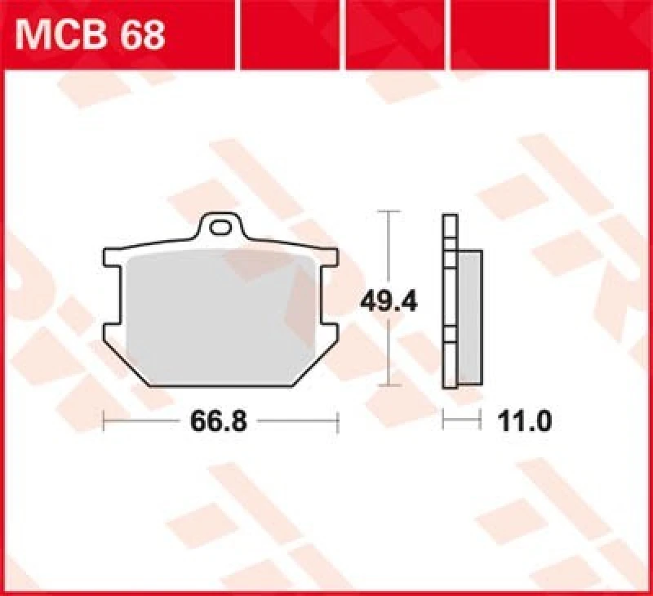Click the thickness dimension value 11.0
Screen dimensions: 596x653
pyautogui.click(x=523, y=421)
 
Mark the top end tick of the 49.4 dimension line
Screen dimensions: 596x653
pyautogui.click(x=391, y=212)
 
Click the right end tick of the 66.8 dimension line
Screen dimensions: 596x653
pyautogui.click(x=337, y=421)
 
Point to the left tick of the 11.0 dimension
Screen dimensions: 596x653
pyautogui.click(x=443, y=421)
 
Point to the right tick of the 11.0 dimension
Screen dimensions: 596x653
pyautogui.click(x=479, y=421)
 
